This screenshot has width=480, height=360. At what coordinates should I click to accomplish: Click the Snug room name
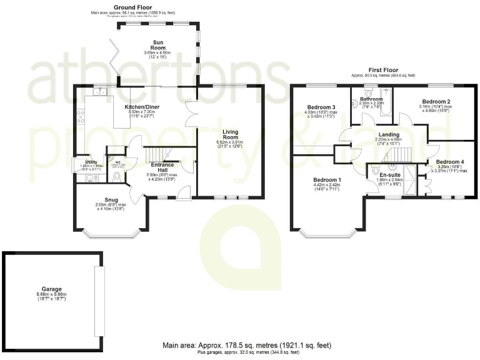tap(112, 199)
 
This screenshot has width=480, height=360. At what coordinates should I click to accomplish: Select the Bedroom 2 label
tap(436, 101)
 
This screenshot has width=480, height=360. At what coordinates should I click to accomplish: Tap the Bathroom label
tap(371, 99)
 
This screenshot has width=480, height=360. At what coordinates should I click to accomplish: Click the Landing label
tap(388, 134)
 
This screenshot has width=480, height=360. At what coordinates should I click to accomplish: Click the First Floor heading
tap(383, 70)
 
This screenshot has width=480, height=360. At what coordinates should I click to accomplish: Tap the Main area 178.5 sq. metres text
tap(247, 345)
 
